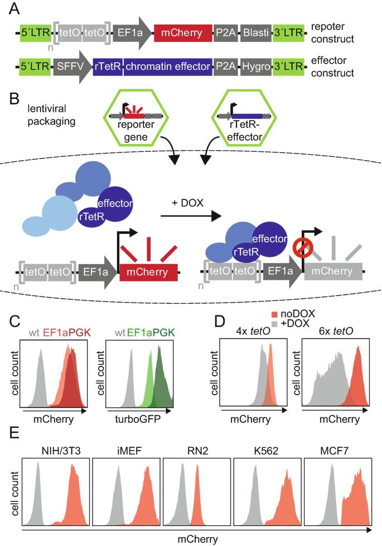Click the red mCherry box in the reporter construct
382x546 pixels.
(x=182, y=33)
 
